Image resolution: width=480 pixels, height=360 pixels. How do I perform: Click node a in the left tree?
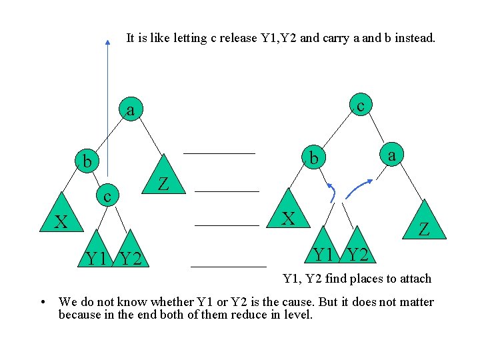pos(131,111)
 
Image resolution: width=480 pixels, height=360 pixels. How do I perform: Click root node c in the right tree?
pos(361,105)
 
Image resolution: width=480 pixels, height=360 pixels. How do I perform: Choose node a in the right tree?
pos(392,155)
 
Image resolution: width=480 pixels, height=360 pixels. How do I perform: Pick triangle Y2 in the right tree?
pos(358,249)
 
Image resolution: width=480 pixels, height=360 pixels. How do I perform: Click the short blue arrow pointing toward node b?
pos(331,192)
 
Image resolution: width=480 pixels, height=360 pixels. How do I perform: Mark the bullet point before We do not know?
pos(43,303)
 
